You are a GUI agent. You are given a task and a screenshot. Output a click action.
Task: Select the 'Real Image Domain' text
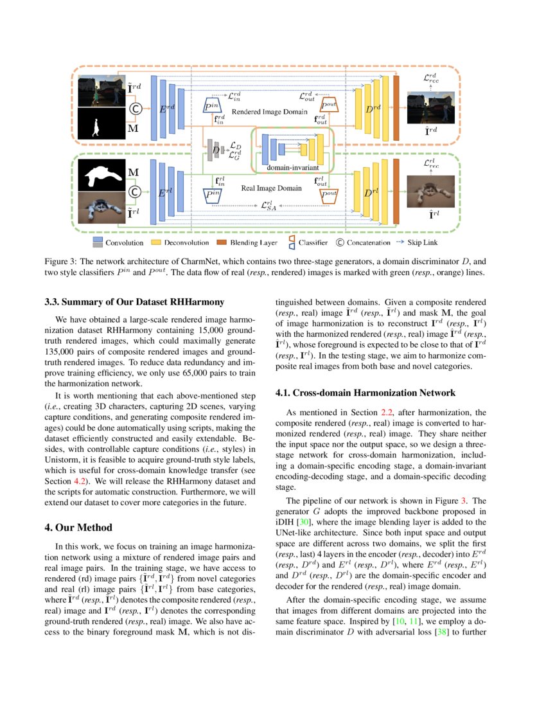point(271,188)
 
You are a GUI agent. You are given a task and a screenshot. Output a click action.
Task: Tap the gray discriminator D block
point(216,150)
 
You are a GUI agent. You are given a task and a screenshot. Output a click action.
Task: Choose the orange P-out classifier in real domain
point(329,194)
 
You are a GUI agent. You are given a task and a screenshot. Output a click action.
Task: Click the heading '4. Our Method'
point(78,528)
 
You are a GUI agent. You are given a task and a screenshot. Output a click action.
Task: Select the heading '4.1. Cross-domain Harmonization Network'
point(365,393)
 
